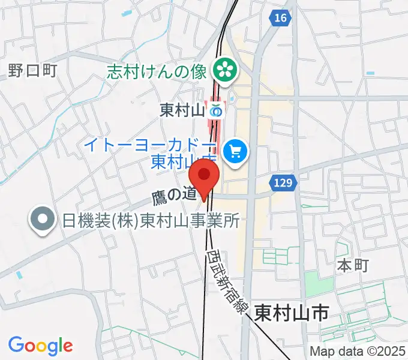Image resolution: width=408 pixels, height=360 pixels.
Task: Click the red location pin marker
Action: [x=204, y=179]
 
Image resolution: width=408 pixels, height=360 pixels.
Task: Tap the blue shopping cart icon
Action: [x=235, y=151]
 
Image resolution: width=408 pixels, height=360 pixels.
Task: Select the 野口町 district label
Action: [x=32, y=71]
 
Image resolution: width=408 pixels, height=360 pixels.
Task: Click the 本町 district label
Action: [x=352, y=265]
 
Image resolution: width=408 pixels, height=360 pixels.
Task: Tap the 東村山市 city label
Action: [x=292, y=313]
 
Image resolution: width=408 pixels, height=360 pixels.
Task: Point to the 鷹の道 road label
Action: [x=173, y=194]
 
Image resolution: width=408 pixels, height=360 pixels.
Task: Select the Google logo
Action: [x=40, y=346]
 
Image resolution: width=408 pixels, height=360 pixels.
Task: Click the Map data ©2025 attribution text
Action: [x=357, y=352]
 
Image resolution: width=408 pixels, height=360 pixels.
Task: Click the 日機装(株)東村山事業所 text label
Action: [x=151, y=221]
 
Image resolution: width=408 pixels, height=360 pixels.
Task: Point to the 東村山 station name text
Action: [x=182, y=110]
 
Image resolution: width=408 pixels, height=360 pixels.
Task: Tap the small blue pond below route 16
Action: [x=370, y=74]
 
